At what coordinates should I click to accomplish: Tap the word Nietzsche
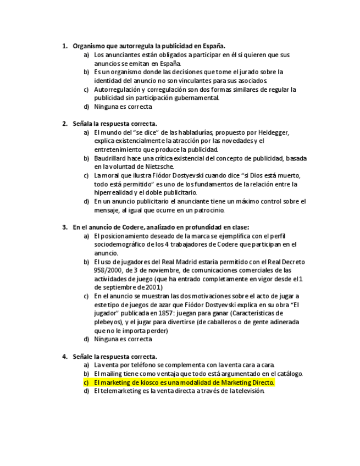[x=160, y=167]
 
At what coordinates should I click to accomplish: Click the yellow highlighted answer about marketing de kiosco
[x=184, y=382]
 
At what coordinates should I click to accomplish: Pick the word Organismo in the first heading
[x=90, y=46]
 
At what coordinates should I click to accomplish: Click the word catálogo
[x=290, y=374]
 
